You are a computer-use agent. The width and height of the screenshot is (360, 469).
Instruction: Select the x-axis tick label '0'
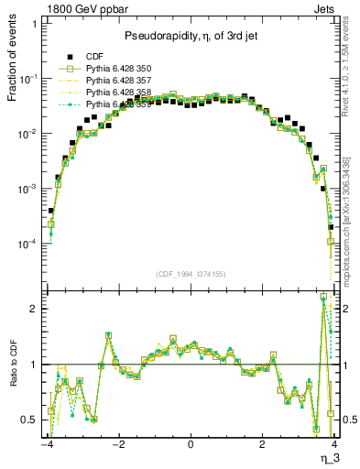(x=191, y=445)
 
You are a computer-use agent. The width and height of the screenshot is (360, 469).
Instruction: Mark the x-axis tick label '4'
(x=334, y=445)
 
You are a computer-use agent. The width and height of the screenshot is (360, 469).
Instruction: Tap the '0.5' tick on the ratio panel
(x=29, y=420)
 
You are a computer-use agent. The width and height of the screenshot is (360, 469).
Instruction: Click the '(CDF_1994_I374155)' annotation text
(x=191, y=273)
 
